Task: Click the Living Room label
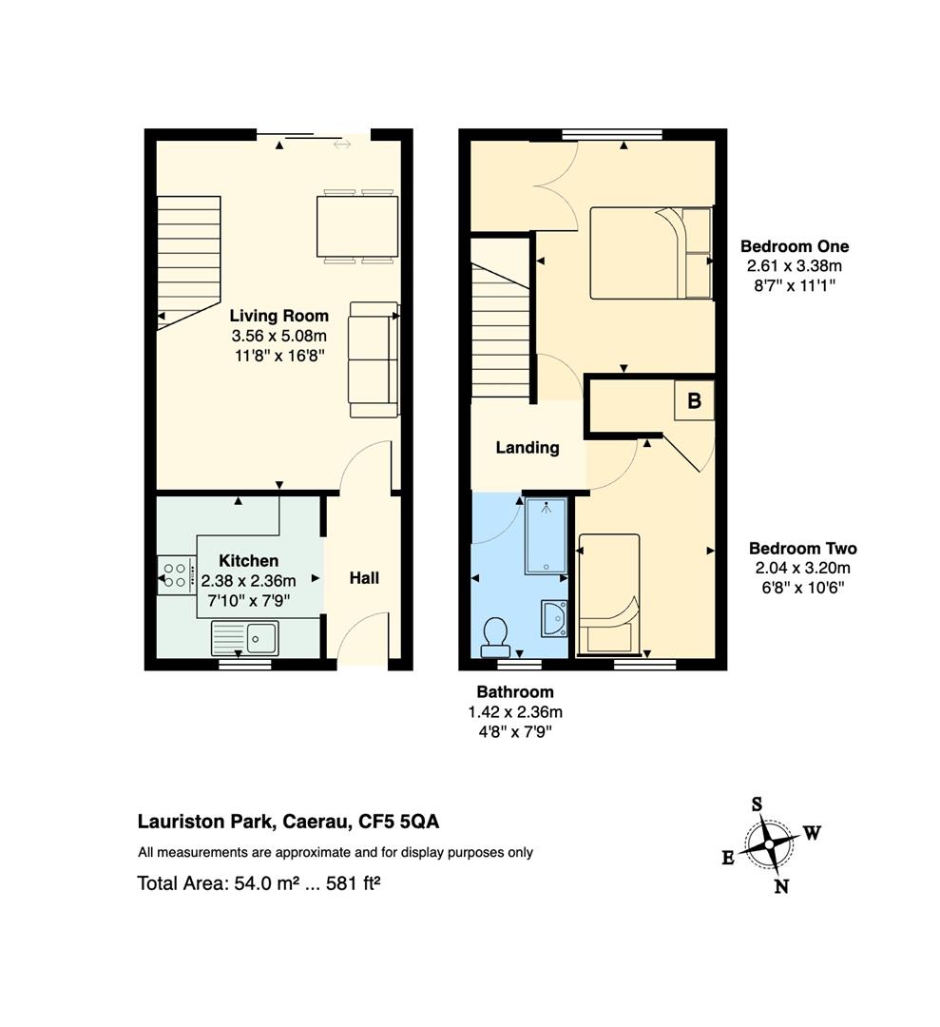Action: pos(278,316)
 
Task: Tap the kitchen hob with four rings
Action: pos(177,575)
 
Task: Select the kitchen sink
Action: pos(245,638)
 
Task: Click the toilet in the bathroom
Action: pos(495,637)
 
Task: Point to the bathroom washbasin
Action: pos(554,618)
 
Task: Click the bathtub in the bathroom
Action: pos(546,535)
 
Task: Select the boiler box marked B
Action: pos(695,400)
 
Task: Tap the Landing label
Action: pos(528,447)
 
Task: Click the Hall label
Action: pos(364,578)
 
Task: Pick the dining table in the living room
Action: pos(357,226)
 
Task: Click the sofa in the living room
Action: pos(374,358)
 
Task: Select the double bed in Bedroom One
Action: pos(651,253)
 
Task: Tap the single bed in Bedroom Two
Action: pos(609,594)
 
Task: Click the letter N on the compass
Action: pos(781,887)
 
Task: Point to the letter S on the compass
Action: pos(757,804)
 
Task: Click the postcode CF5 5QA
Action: pos(398,822)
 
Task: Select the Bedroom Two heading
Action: pos(802,549)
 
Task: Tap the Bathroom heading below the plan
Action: pos(515,691)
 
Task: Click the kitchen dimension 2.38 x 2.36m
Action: pos(249,581)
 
